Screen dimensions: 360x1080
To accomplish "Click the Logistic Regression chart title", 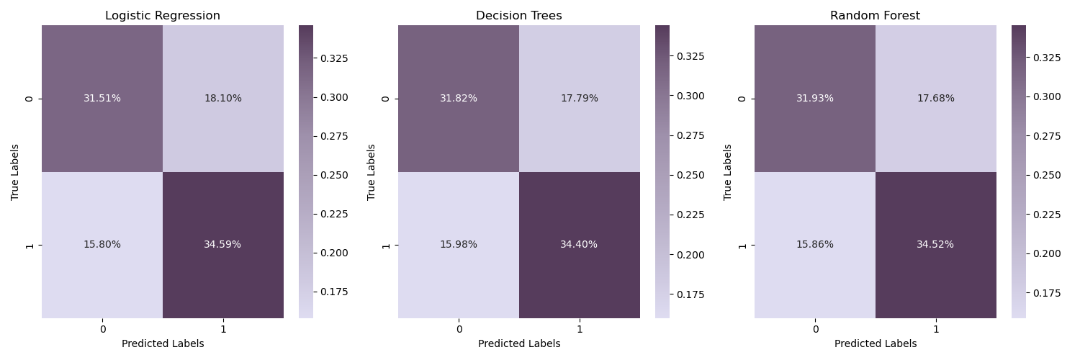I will click(x=163, y=16).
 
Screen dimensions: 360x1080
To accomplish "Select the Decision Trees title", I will click(x=518, y=16).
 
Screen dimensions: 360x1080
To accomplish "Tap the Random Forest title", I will click(x=875, y=16).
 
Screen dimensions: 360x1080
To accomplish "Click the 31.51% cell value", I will click(x=102, y=99).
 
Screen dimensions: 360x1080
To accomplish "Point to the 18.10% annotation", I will click(x=222, y=99).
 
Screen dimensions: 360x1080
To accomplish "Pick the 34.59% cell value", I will click(x=222, y=245).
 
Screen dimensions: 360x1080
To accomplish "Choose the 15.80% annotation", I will click(x=102, y=245).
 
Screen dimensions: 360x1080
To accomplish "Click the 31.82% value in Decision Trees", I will click(x=459, y=99).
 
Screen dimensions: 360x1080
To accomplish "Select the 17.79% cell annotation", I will click(x=579, y=99).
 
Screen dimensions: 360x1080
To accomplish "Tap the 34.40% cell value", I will click(x=579, y=245).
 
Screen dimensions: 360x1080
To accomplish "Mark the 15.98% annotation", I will click(x=459, y=245).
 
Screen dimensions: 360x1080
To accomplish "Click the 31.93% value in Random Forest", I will click(x=815, y=99).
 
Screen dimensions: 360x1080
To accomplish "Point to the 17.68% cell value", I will click(x=935, y=99).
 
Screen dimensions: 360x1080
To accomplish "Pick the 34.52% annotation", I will click(x=935, y=245).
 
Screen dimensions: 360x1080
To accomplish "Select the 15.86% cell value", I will click(x=815, y=245).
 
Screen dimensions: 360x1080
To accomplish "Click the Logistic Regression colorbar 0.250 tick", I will click(x=333, y=175).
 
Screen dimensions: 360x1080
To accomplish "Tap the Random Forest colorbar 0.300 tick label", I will click(x=1046, y=96).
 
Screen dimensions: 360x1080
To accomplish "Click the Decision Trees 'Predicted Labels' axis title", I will click(x=519, y=344).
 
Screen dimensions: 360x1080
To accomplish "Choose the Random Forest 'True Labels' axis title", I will click(x=728, y=172).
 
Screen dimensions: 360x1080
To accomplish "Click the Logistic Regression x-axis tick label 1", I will click(x=223, y=329).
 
